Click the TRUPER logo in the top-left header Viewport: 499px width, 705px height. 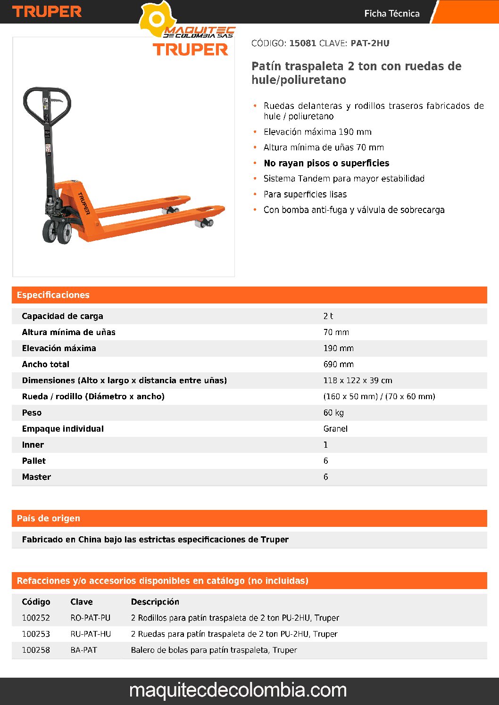[x=47, y=12]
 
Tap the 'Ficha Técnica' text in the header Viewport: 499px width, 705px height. [x=391, y=14]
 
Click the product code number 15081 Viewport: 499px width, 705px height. [x=302, y=43]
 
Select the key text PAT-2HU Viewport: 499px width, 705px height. [x=370, y=43]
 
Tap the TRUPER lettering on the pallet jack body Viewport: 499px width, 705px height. [x=84, y=203]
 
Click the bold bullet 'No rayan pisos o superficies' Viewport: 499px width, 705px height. [x=326, y=163]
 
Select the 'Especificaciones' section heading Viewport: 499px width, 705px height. [x=53, y=295]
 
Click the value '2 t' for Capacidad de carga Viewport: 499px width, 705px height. [x=328, y=316]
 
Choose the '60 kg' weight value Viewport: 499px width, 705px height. [x=333, y=413]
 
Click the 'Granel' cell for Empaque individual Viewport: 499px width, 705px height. [x=335, y=429]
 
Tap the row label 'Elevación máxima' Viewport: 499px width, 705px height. [x=59, y=348]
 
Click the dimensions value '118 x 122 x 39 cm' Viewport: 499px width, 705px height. [x=358, y=380]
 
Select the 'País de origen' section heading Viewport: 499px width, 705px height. [x=48, y=518]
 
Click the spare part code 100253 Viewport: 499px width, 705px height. [x=36, y=634]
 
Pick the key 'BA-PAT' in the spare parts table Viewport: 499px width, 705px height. [x=83, y=650]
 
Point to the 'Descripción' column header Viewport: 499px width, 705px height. [x=155, y=602]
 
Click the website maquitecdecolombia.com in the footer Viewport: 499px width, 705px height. [x=238, y=690]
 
